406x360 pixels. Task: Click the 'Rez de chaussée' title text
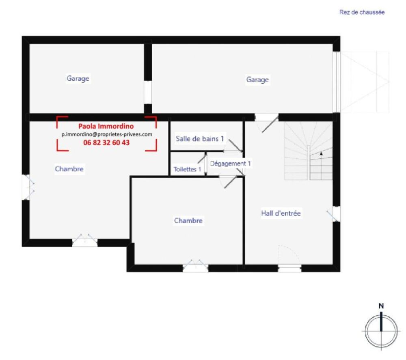click(x=362, y=12)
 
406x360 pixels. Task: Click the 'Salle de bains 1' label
click(x=200, y=139)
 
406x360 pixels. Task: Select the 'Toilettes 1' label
click(x=187, y=169)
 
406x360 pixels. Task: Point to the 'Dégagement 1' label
click(x=230, y=164)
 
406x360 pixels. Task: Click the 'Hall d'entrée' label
click(x=281, y=213)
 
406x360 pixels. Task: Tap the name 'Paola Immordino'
click(x=106, y=126)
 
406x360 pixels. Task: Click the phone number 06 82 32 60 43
click(x=106, y=142)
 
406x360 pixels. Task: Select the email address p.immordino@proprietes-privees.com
click(x=107, y=134)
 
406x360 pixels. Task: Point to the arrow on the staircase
click(x=321, y=154)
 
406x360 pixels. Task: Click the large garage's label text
click(x=257, y=80)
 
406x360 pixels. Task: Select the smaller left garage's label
click(x=78, y=78)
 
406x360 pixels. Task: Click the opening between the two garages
click(x=148, y=93)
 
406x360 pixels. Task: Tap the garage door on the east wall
click(x=336, y=82)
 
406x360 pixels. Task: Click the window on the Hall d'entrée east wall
click(x=336, y=214)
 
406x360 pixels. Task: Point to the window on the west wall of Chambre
click(x=26, y=187)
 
